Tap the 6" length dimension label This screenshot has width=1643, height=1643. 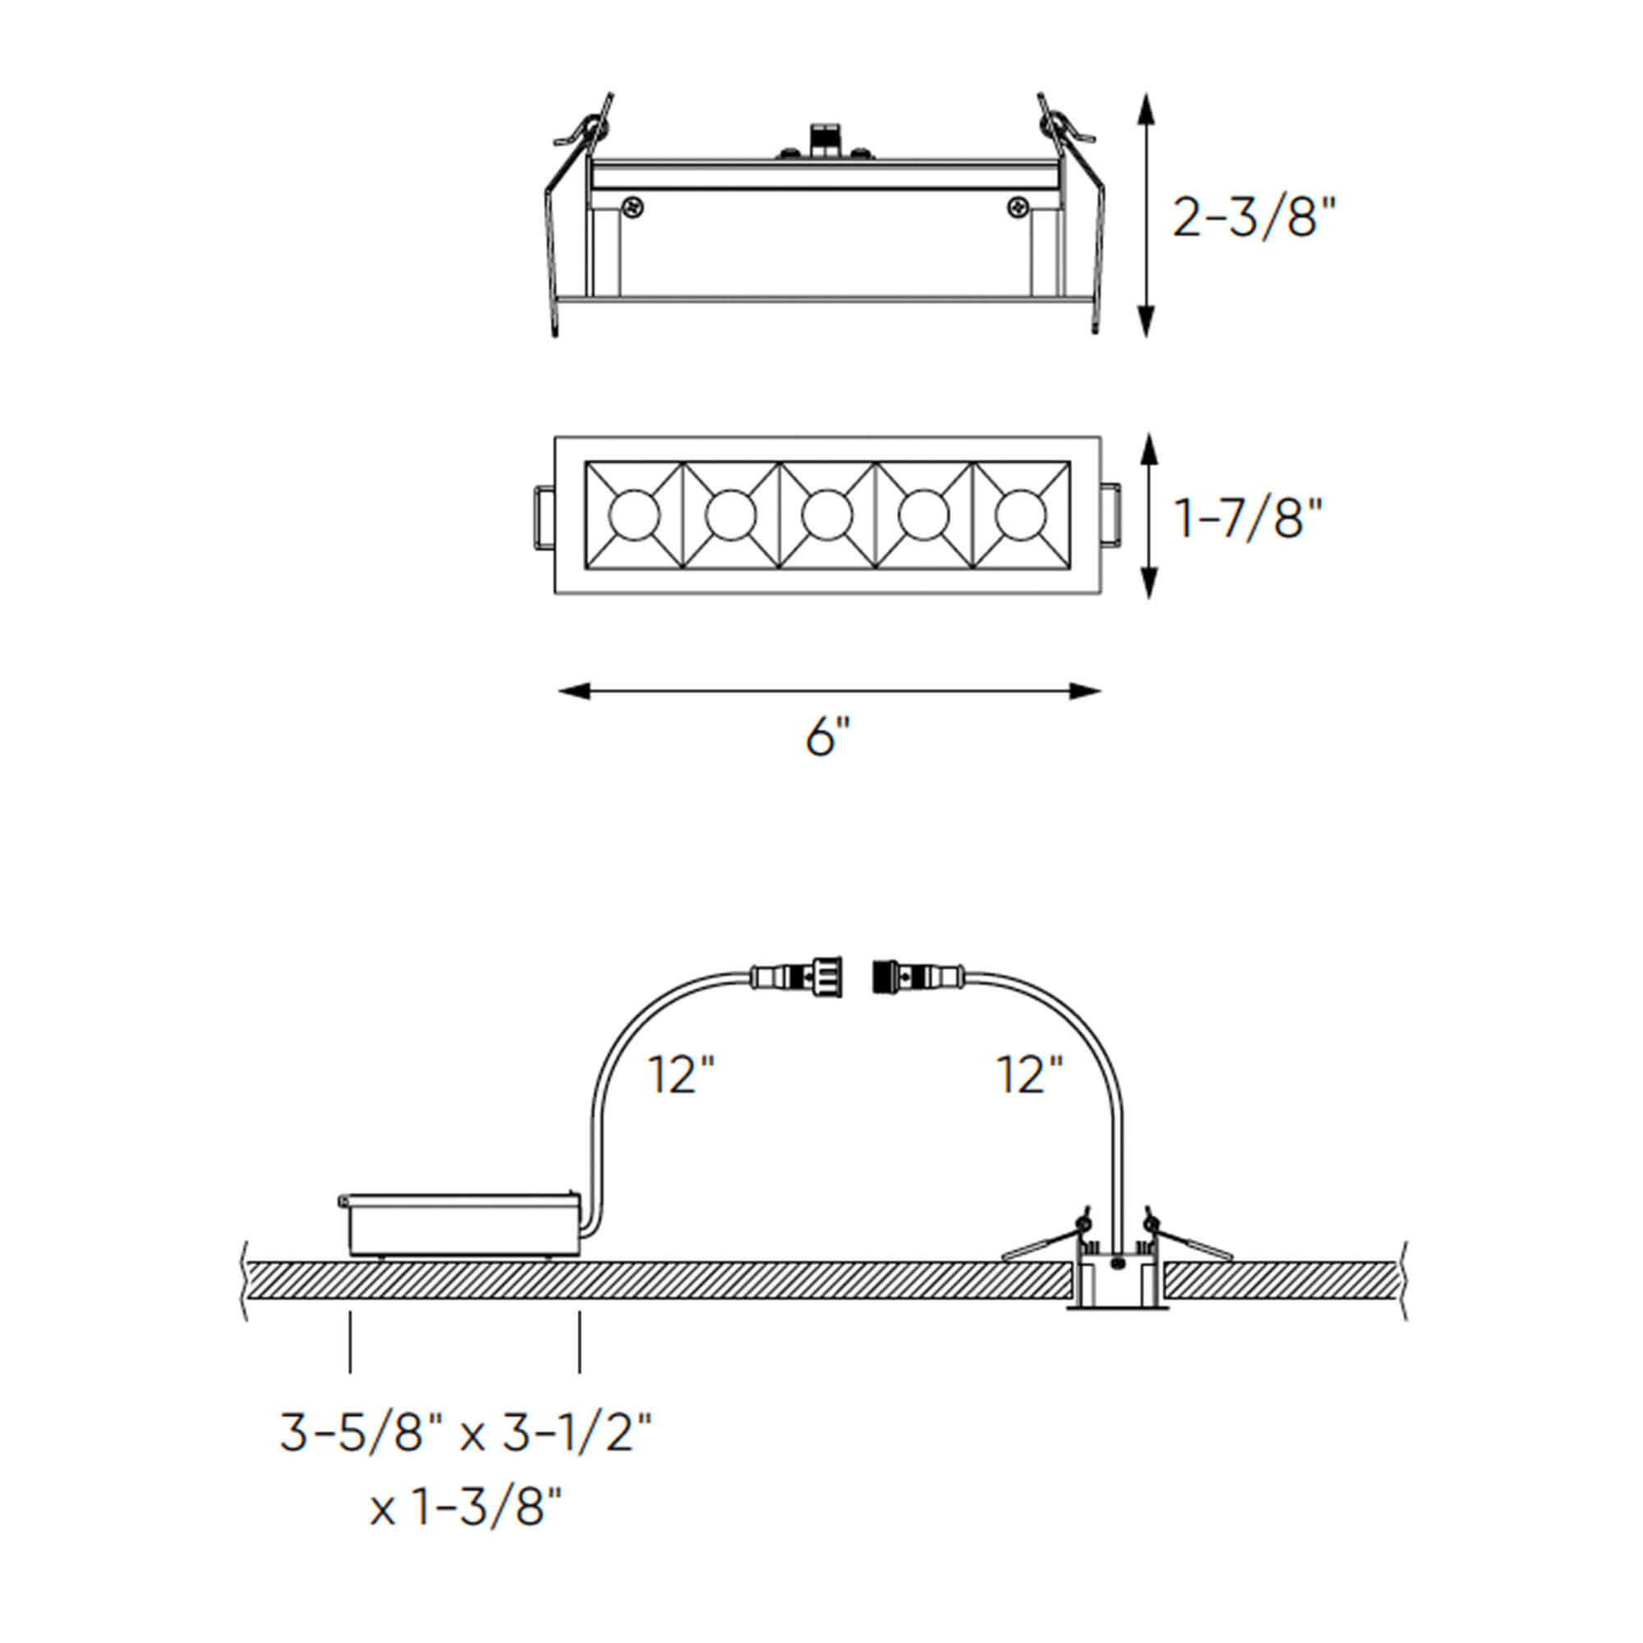tap(827, 736)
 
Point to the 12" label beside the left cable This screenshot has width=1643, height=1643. tap(680, 1076)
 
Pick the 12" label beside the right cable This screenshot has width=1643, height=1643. tap(1029, 1076)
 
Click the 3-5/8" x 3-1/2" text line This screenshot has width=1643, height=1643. tap(466, 1434)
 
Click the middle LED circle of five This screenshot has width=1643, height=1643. tap(826, 516)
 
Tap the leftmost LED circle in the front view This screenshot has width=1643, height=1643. tap(633, 516)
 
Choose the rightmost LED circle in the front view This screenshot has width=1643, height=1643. tap(1020, 516)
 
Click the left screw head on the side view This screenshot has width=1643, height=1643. tap(633, 207)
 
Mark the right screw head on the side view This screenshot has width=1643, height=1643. tap(1017, 207)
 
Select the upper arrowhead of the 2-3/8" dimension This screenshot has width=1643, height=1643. tap(1147, 111)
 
